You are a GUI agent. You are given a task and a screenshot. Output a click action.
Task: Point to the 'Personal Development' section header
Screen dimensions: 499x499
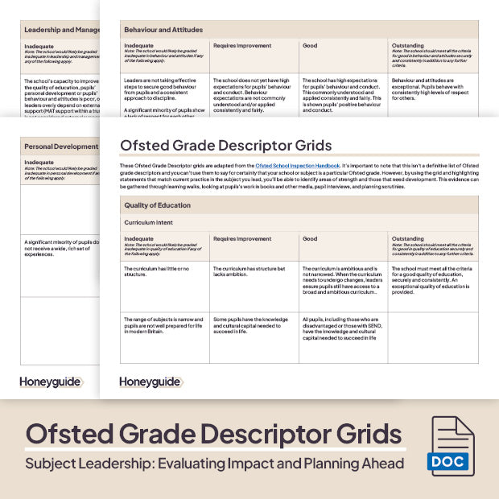click(x=60, y=147)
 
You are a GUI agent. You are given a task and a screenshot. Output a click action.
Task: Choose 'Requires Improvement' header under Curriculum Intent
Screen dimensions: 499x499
click(x=241, y=239)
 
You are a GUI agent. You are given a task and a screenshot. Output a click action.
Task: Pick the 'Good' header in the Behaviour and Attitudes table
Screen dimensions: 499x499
click(x=311, y=46)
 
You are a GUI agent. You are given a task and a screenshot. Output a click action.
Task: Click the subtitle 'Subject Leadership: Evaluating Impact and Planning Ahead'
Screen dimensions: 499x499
click(x=214, y=464)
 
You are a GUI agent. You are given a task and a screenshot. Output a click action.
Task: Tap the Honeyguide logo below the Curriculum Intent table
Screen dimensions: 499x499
click(x=149, y=381)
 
